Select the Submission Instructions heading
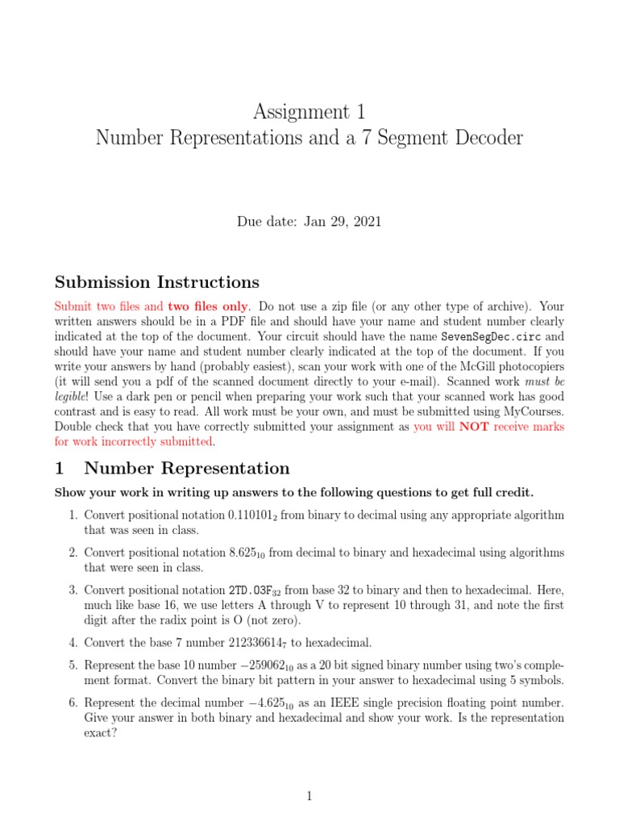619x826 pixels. coord(156,282)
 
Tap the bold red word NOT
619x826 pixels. coord(474,427)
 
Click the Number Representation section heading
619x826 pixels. coord(186,469)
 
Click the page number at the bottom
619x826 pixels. coord(309,796)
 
